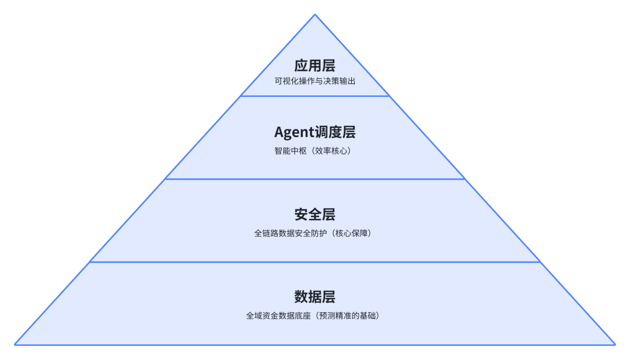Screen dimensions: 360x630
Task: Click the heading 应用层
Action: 315,65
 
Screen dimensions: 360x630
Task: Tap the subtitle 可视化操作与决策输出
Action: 315,81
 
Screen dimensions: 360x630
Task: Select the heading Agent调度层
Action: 315,132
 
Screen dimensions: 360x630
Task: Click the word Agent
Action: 294,133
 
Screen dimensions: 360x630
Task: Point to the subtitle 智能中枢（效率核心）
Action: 315,151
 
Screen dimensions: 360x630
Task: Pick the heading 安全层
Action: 315,214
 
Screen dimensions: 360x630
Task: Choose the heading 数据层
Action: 315,296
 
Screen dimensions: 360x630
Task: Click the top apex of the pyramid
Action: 315,15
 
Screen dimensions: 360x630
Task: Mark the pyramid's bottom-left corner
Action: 15,344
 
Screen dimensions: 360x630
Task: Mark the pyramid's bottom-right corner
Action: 615,344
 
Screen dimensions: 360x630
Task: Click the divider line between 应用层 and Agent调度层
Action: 315,96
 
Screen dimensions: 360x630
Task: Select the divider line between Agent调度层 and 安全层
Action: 315,179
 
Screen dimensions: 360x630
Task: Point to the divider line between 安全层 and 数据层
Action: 315,262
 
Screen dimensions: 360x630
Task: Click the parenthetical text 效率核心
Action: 330,151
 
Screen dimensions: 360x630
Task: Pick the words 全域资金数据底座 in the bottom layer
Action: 279,316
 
